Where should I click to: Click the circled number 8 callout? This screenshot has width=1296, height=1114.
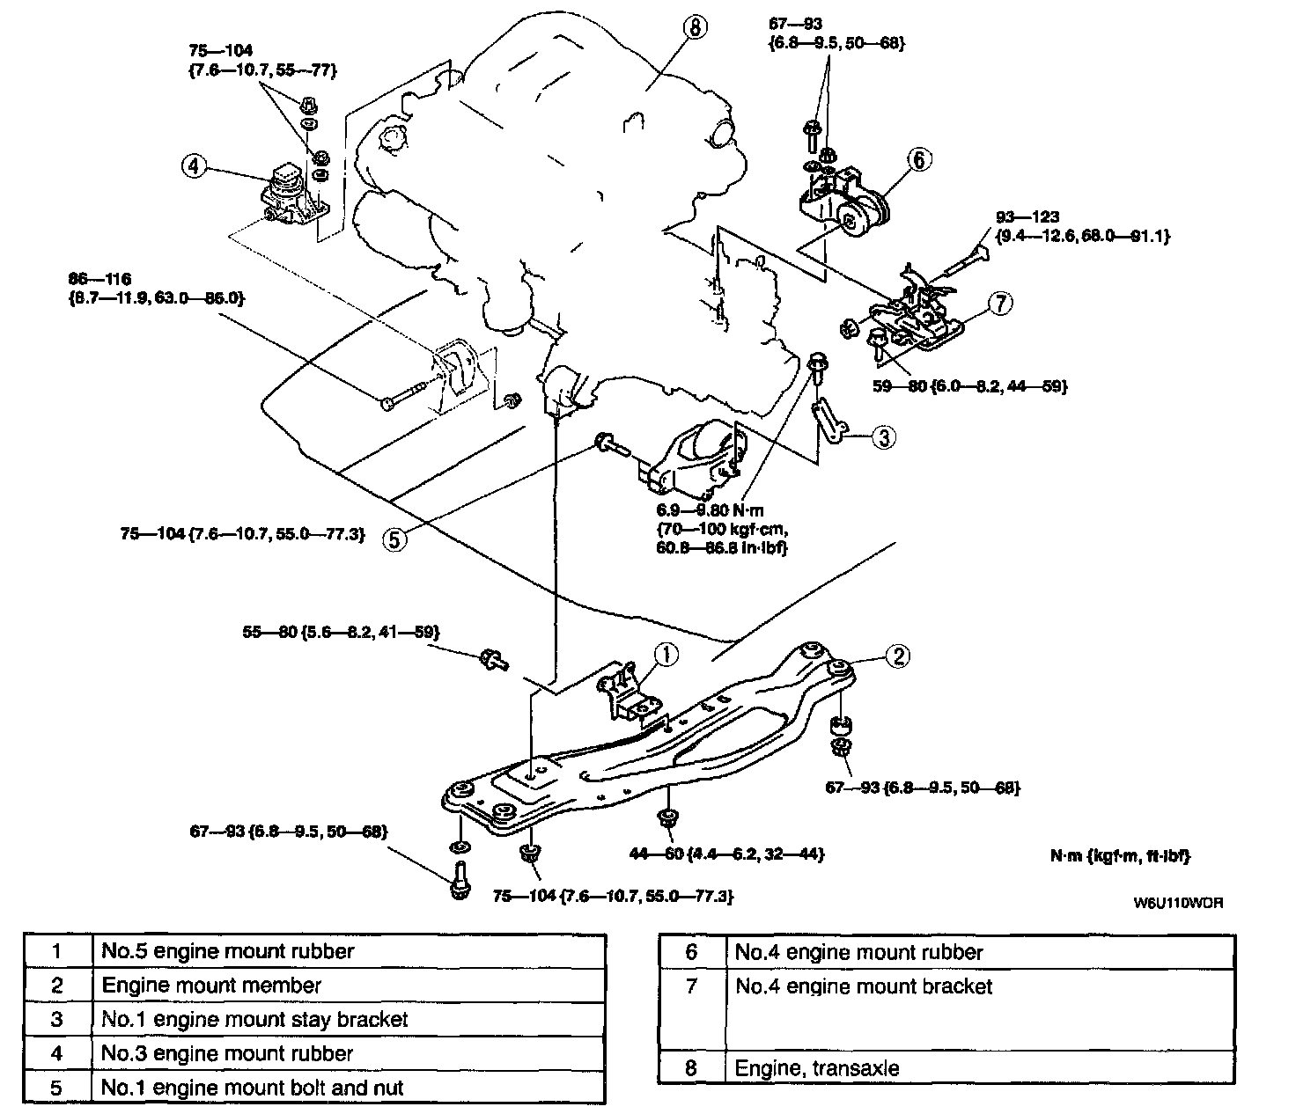(694, 28)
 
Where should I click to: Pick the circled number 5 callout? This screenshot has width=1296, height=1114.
(396, 539)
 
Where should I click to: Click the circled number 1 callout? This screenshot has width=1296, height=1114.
(666, 654)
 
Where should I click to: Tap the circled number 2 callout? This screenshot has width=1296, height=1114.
(897, 656)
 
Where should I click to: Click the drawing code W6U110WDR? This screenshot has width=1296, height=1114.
(1176, 902)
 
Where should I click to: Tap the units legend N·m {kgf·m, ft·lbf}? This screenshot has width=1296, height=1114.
(1120, 854)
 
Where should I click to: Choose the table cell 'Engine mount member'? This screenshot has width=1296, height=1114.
(212, 986)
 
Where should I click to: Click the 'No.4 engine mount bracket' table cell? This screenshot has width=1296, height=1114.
(864, 986)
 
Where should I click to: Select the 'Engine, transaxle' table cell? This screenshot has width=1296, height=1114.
(817, 1068)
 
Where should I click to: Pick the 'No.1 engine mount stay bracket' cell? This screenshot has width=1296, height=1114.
(255, 1019)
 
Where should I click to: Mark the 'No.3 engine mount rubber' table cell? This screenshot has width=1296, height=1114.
(227, 1053)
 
